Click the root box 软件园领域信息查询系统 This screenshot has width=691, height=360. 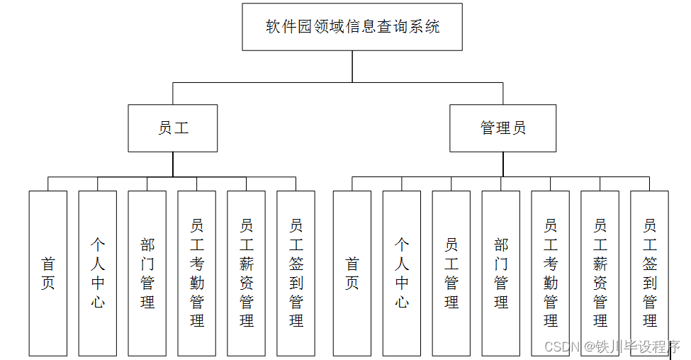tap(352, 27)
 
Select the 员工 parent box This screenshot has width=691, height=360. tap(173, 128)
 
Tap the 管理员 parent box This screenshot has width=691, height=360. tap(503, 128)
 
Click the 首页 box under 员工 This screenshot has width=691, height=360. tap(48, 274)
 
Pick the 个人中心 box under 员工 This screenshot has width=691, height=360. tap(98, 274)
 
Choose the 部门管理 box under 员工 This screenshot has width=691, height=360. tap(147, 274)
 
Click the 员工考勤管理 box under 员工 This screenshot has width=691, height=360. tap(197, 274)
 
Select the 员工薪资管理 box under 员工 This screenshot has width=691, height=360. tap(247, 274)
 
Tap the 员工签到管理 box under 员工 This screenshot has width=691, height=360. tap(296, 274)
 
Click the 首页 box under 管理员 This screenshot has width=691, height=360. tap(352, 274)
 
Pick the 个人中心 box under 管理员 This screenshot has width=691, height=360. tap(402, 274)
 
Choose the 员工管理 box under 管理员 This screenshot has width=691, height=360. tap(451, 274)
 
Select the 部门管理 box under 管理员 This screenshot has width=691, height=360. tap(501, 274)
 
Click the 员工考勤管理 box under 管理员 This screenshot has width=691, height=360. tap(551, 274)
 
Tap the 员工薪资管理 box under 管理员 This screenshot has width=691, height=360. tap(600, 274)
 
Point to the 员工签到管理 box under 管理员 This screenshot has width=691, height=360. tap(650, 274)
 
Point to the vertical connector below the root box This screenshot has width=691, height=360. tap(352, 67)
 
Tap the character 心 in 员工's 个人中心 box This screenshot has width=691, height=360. tap(98, 302)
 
